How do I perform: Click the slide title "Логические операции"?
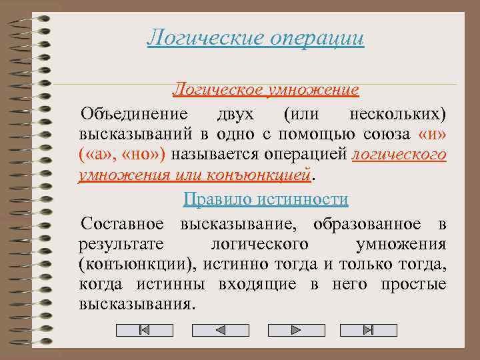pyautogui.click(x=256, y=37)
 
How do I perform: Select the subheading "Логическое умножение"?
pyautogui.click(x=266, y=89)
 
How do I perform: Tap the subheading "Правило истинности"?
pyautogui.click(x=266, y=199)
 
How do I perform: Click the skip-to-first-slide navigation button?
pyautogui.click(x=144, y=330)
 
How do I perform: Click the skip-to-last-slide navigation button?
pyautogui.click(x=368, y=330)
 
